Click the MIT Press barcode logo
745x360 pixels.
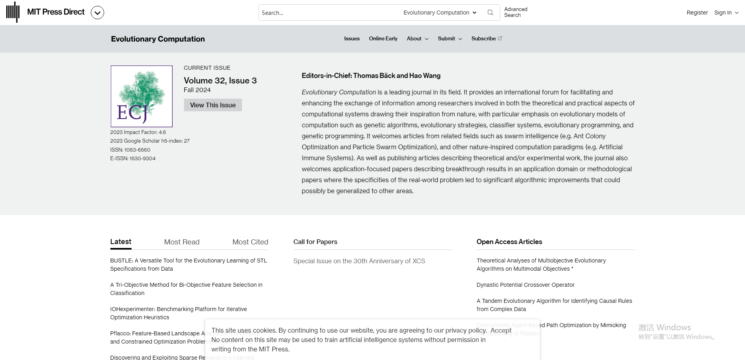[x=13, y=12]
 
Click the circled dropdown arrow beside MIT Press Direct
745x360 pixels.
[x=97, y=13]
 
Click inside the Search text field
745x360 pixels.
[x=329, y=13]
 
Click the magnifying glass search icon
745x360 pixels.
[x=490, y=13]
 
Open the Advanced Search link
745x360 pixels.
[x=516, y=12]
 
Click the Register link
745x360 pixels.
[x=697, y=13]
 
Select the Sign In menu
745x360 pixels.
[x=726, y=13]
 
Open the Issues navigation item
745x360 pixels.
[x=352, y=38]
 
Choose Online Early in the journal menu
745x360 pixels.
[x=383, y=38]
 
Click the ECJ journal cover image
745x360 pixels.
[x=141, y=96]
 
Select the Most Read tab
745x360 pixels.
[x=182, y=242]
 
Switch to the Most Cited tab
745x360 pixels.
[x=250, y=242]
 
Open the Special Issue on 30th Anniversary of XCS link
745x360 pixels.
[x=359, y=261]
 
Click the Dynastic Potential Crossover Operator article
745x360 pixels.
[x=525, y=285]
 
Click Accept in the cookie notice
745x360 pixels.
[x=501, y=330]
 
